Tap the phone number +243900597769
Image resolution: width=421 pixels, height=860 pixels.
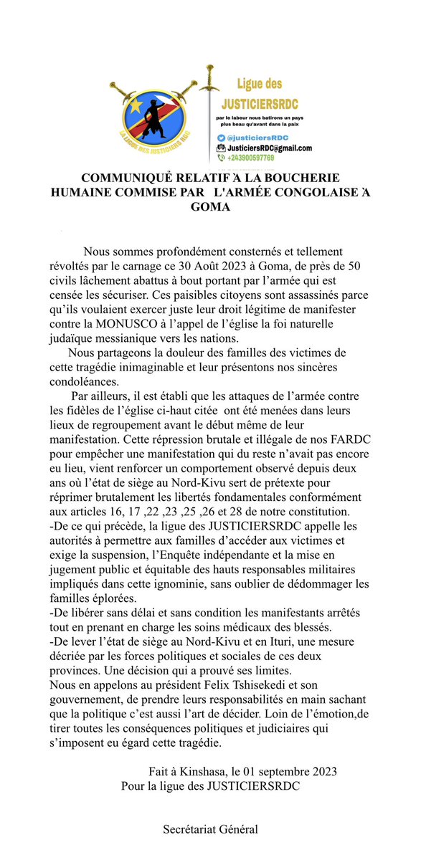pyautogui.click(x=251, y=158)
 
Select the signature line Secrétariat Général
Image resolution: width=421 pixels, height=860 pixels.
pyautogui.click(x=210, y=830)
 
